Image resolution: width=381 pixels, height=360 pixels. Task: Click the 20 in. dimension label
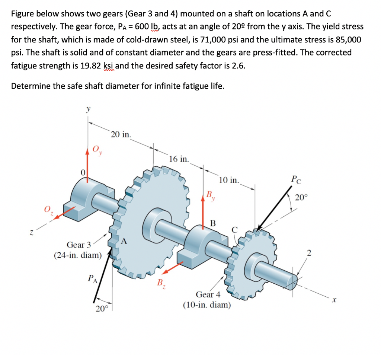point(121,134)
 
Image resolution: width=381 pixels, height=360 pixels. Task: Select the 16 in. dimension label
point(179,159)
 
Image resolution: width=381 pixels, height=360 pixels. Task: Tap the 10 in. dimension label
point(229,180)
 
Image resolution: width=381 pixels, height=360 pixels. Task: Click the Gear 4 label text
point(208,294)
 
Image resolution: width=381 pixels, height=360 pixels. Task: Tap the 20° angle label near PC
point(301,197)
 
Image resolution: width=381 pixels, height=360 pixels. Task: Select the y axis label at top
point(88,109)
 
